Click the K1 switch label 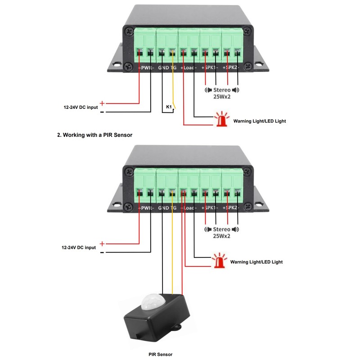point(169,107)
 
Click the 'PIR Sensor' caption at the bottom point(160,355)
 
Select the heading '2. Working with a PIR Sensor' point(94,135)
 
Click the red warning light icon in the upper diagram point(220,120)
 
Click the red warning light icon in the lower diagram point(219,261)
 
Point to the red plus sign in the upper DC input point(102,103)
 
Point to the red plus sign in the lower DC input point(102,244)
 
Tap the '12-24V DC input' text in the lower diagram point(79,247)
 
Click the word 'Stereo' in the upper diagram point(222,90)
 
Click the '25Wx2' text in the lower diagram point(222,236)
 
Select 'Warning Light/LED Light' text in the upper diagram point(259,121)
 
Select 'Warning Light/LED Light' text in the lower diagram point(256,261)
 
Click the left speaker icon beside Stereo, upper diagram point(208,90)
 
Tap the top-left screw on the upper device point(130,31)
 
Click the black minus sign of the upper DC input point(102,112)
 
